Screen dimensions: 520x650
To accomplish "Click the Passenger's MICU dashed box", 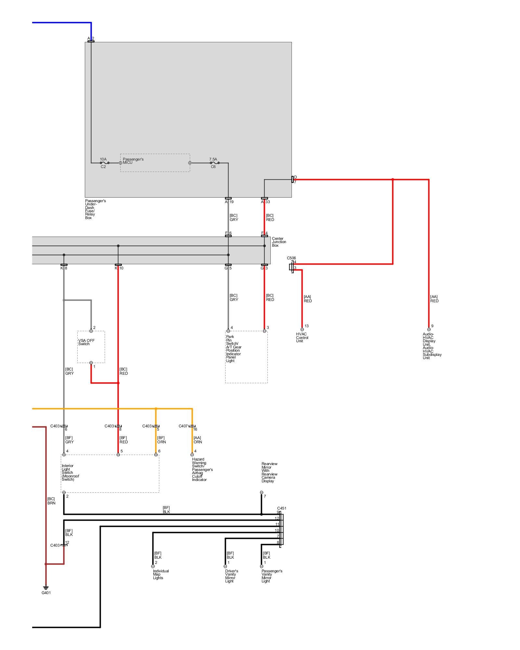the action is click(x=155, y=163).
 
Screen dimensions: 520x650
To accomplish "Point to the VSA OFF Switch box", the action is click(x=91, y=347).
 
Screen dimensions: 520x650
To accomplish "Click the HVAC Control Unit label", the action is click(x=302, y=337).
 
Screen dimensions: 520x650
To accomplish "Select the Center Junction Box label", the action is click(x=279, y=242).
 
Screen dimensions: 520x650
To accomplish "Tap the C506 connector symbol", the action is click(x=292, y=267).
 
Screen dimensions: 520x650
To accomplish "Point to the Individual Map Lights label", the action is click(x=161, y=574).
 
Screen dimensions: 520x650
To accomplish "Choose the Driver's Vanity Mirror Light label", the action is click(x=231, y=576).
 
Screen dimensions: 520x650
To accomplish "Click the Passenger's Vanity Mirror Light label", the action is click(x=272, y=576).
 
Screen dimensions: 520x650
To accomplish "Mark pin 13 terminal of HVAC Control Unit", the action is click(x=302, y=329).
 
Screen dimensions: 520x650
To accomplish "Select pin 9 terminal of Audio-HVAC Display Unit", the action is click(x=429, y=329).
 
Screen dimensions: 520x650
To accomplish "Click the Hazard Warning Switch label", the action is click(x=202, y=469).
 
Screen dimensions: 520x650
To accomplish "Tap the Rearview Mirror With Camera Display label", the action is click(x=269, y=472).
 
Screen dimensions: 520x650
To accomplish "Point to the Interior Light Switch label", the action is click(x=70, y=473).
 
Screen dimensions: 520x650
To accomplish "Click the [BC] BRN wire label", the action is click(x=51, y=501).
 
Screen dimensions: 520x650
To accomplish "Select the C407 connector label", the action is click(x=183, y=426).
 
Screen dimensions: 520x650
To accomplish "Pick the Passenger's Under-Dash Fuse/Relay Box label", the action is click(x=95, y=209).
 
